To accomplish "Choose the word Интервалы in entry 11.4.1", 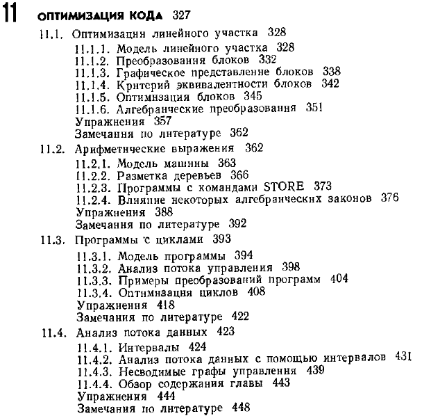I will (142, 344).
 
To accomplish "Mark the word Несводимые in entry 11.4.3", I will (149, 369).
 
